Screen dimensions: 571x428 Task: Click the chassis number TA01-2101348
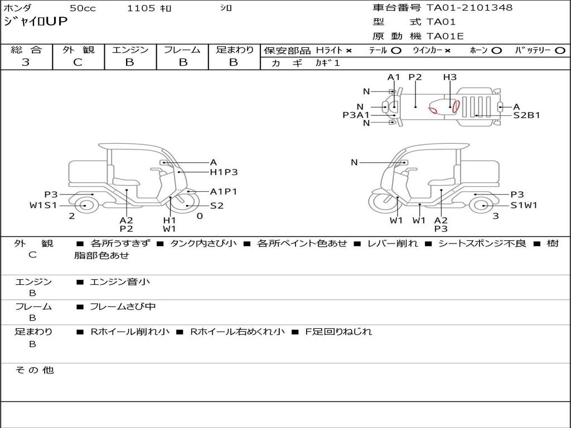(x=470, y=7)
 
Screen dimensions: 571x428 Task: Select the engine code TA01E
(x=445, y=36)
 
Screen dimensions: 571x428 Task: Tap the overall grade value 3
(x=26, y=62)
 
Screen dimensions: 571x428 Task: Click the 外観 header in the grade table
(x=78, y=50)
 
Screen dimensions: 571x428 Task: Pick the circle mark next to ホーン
(x=496, y=51)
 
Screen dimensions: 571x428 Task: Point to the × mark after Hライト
(x=349, y=51)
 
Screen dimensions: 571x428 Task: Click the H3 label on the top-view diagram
(x=450, y=77)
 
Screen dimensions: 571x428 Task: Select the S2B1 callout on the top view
(x=526, y=115)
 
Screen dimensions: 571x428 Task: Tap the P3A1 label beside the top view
(x=356, y=115)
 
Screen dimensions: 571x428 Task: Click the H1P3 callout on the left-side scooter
(x=224, y=172)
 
